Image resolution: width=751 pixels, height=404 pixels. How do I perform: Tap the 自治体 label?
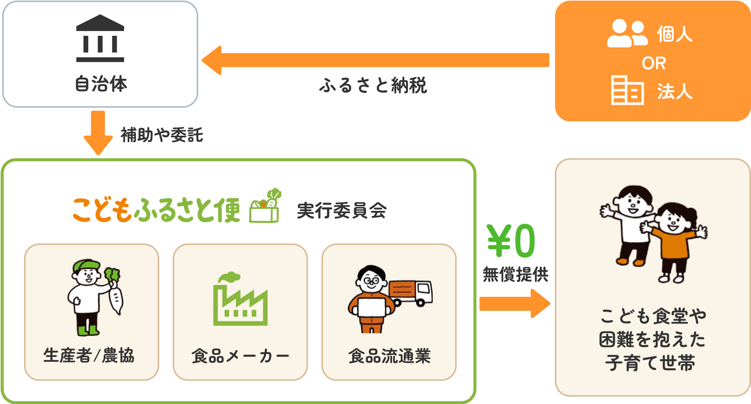click(x=101, y=84)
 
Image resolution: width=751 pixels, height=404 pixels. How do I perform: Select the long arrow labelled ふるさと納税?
click(x=375, y=60)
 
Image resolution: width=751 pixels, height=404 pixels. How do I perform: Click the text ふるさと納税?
click(x=373, y=85)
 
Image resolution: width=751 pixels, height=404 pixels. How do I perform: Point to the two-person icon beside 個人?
click(x=627, y=34)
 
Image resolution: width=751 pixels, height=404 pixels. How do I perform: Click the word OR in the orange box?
click(x=654, y=63)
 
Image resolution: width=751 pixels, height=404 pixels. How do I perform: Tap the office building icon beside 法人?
click(x=627, y=90)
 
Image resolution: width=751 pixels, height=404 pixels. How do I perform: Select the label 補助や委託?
click(x=162, y=135)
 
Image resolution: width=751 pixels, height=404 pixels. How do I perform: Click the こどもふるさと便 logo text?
click(x=156, y=210)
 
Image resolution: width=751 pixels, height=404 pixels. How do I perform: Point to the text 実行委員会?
click(x=342, y=210)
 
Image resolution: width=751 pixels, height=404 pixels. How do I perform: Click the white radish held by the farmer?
click(x=116, y=298)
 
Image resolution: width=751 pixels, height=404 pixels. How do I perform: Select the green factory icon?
click(x=240, y=300)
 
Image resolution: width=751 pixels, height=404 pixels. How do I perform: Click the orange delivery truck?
click(x=411, y=293)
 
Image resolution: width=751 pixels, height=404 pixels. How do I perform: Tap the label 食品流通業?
click(x=389, y=356)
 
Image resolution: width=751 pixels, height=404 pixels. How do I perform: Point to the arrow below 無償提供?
click(x=514, y=303)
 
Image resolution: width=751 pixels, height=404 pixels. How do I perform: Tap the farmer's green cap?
click(x=86, y=264)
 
